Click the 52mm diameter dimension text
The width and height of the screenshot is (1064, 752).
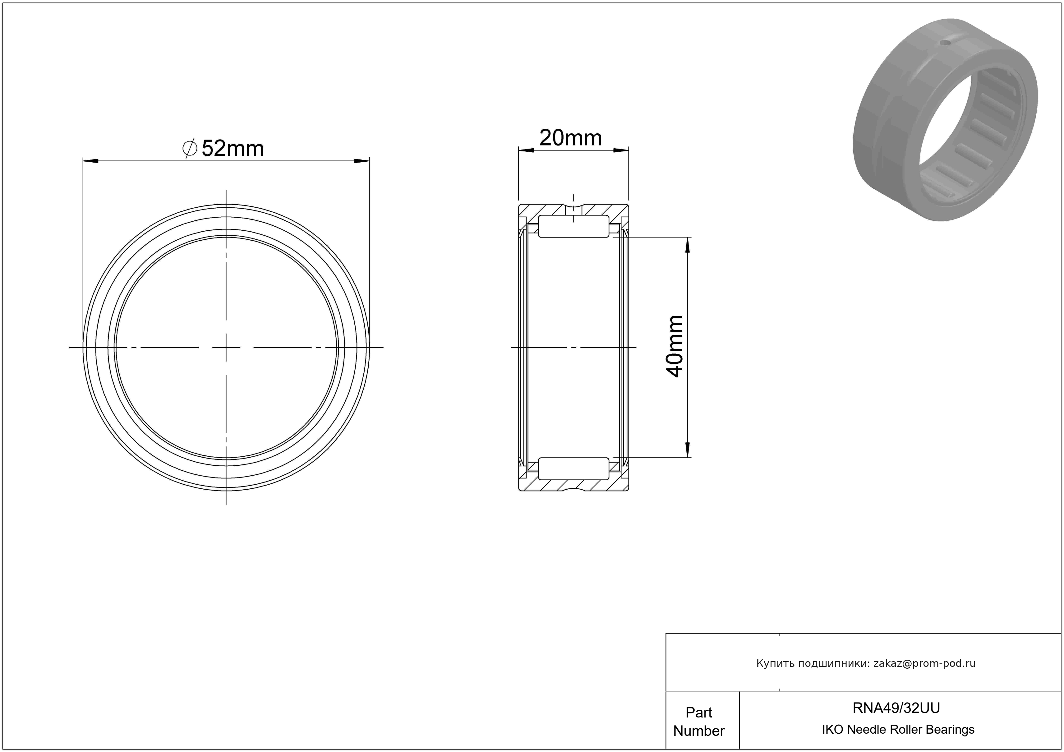(233, 149)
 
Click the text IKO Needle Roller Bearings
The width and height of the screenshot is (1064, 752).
(898, 730)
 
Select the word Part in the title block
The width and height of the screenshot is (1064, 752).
(699, 712)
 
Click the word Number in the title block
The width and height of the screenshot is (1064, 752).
(699, 731)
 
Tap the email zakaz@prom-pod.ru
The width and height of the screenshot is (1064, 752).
(924, 663)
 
